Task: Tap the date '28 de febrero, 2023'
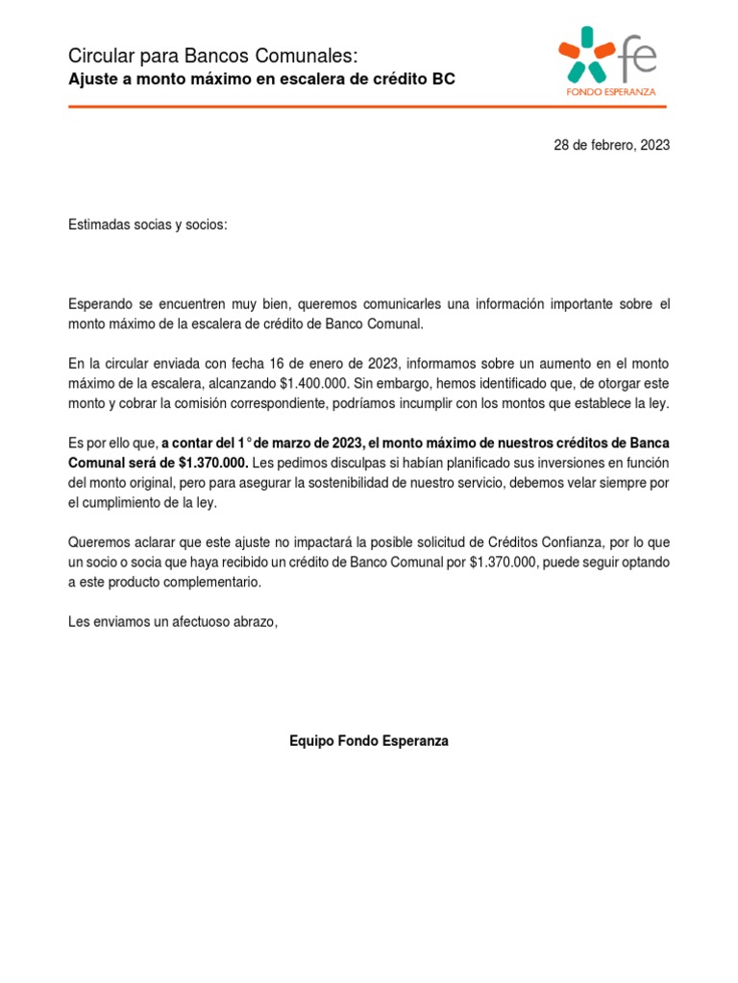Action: [611, 146]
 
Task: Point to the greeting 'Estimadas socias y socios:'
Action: [149, 225]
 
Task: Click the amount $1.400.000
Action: [320, 384]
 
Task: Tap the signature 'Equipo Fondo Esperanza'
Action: [369, 741]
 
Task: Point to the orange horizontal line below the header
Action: [369, 107]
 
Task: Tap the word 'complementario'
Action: [211, 582]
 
